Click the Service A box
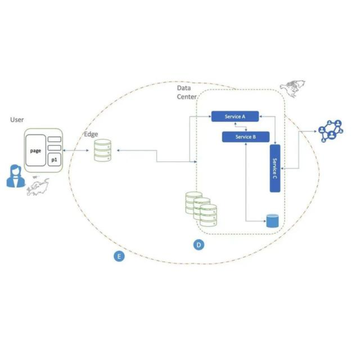point(235,117)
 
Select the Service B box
point(246,137)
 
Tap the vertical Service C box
point(275,168)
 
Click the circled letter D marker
point(198,245)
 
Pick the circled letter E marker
point(118,256)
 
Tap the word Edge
point(91,134)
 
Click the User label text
point(17,120)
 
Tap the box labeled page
point(36,151)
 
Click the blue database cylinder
point(272,221)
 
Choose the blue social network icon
point(331,131)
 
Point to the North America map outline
point(292,87)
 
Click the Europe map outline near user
point(38,185)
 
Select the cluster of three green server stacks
point(201,209)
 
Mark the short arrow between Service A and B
point(246,126)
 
